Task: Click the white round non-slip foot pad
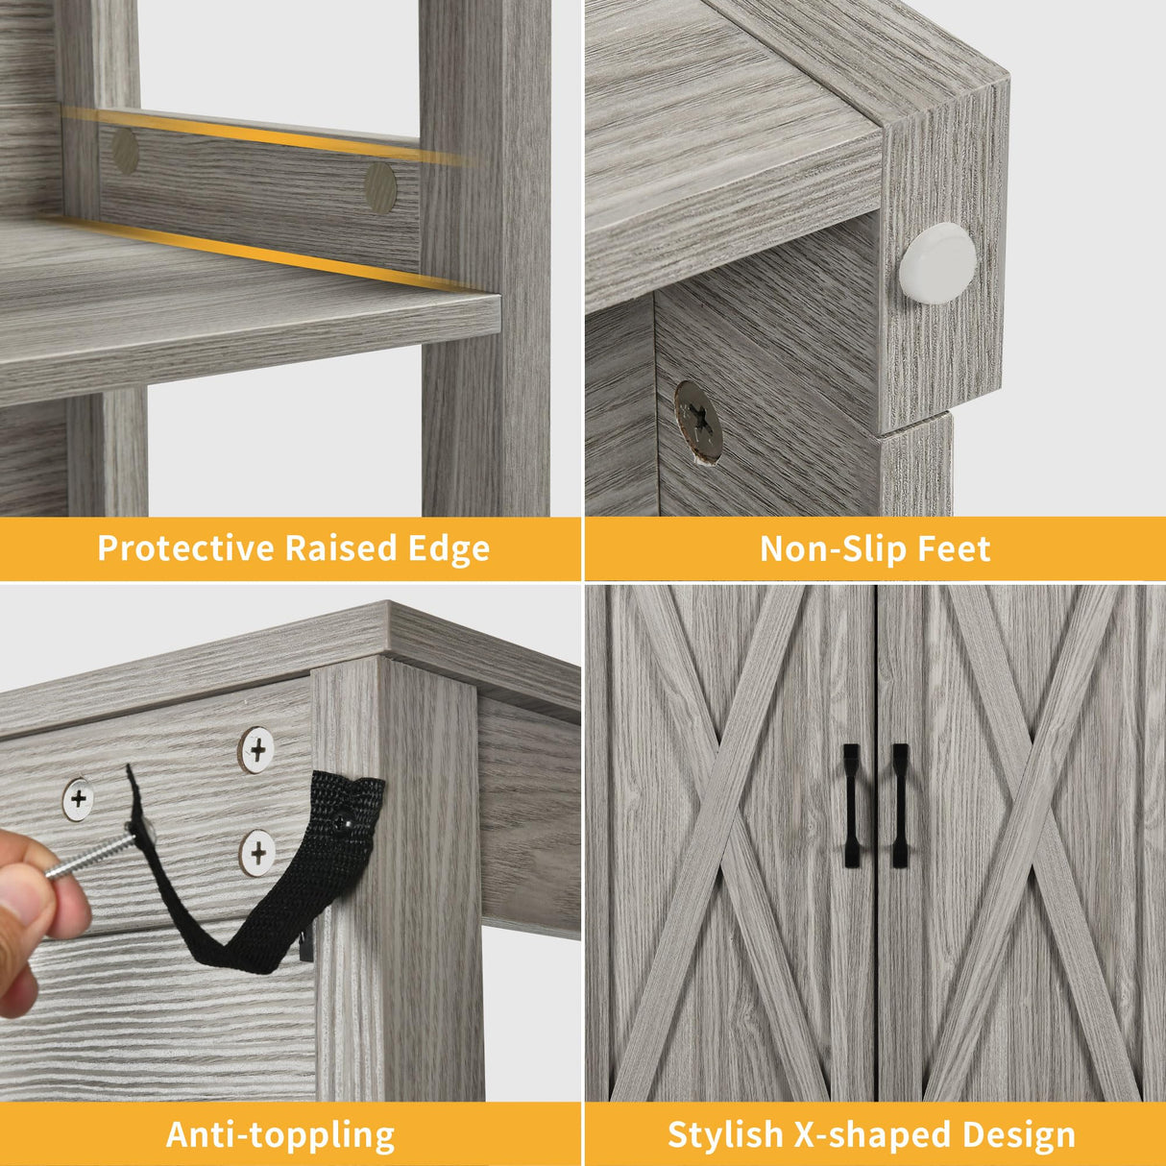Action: point(936,262)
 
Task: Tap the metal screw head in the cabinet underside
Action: point(699,421)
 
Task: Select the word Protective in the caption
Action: point(185,547)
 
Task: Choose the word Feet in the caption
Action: point(955,548)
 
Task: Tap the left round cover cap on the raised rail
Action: point(125,151)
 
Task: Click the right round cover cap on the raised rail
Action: point(380,187)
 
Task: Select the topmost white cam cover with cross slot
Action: point(257,750)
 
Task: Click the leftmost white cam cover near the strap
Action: point(79,799)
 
